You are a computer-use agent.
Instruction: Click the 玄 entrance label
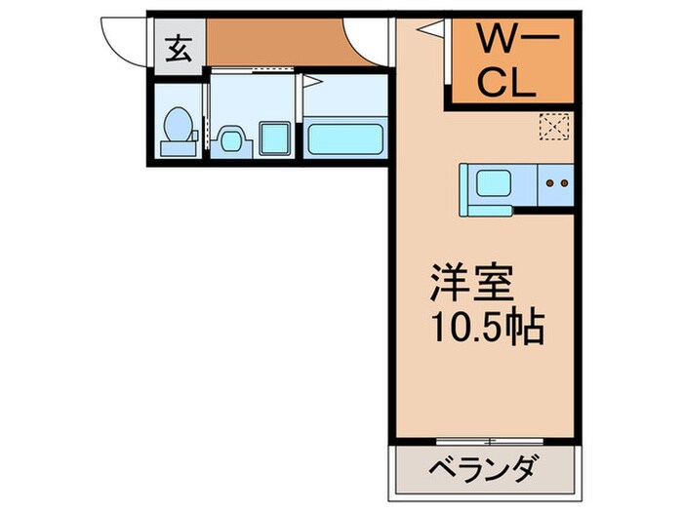(x=178, y=48)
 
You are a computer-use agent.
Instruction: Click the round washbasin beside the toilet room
(x=230, y=139)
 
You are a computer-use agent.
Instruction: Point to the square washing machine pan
(x=274, y=138)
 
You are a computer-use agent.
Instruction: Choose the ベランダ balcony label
(x=481, y=472)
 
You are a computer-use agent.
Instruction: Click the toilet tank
(x=177, y=146)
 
